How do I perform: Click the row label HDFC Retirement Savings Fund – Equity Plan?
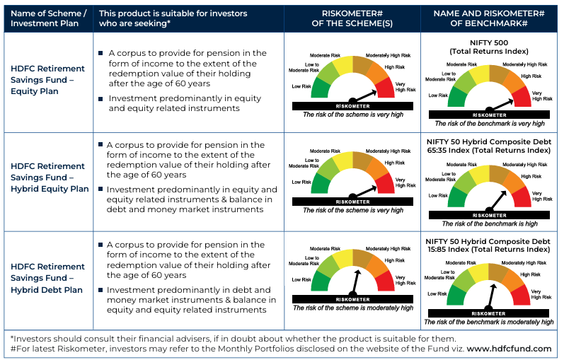tap(47, 79)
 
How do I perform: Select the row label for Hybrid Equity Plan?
tap(50, 177)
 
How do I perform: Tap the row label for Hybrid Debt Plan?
tap(47, 277)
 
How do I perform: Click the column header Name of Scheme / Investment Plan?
tap(47, 18)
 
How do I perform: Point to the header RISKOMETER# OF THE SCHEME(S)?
tap(352, 18)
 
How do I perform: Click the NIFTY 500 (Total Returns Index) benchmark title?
tap(490, 46)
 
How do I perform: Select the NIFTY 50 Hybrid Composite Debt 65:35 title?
tap(490, 146)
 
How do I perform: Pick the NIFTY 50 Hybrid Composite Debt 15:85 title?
tap(490, 245)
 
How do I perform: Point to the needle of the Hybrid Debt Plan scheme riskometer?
tap(356, 281)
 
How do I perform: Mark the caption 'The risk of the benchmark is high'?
tap(490, 223)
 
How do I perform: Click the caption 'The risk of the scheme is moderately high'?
tap(352, 308)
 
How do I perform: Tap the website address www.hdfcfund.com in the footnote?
tap(509, 348)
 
